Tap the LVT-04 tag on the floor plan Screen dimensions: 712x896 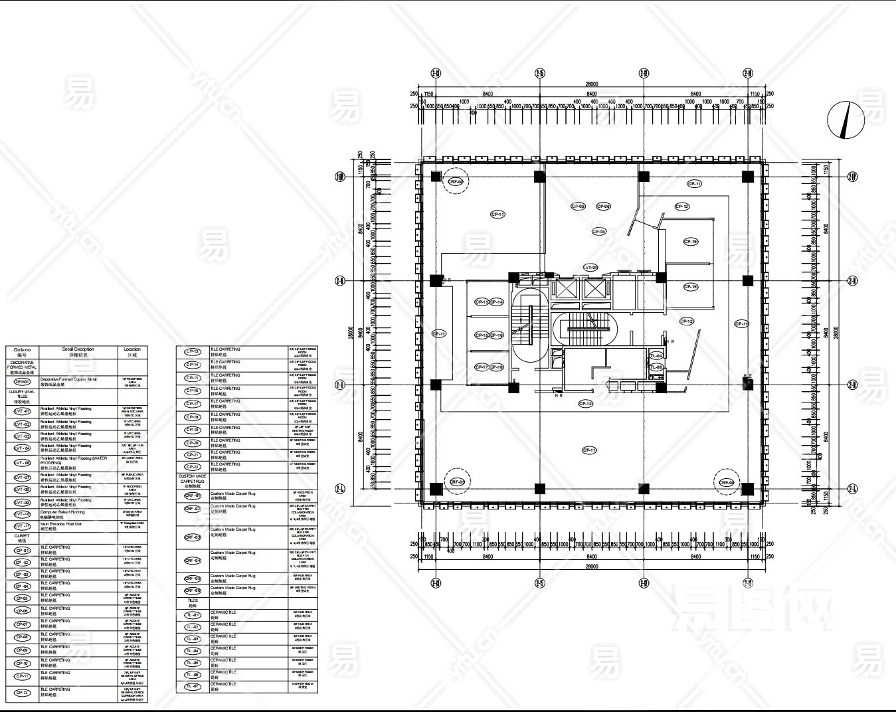[x=590, y=267]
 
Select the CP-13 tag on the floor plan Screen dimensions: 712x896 [x=482, y=302]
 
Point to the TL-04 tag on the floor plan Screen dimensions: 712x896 [x=656, y=356]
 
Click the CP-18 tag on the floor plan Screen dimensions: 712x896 [x=496, y=367]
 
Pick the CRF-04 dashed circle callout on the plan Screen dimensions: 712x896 [x=727, y=483]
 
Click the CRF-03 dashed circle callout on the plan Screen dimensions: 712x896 [x=457, y=483]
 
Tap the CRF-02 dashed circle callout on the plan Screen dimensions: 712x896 [x=456, y=181]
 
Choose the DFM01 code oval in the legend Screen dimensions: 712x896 [x=23, y=382]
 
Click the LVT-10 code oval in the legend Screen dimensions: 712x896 [x=23, y=514]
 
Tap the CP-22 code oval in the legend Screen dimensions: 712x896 [x=193, y=467]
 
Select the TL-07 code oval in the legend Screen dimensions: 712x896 [x=193, y=686]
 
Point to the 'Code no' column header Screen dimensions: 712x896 [x=22, y=351]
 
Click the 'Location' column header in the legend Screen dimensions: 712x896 [x=132, y=351]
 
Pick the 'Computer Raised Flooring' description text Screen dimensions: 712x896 [x=62, y=512]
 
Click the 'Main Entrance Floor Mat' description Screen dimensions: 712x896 [x=61, y=524]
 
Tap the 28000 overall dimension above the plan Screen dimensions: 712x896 [x=591, y=84]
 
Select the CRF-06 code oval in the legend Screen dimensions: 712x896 [x=193, y=590]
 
